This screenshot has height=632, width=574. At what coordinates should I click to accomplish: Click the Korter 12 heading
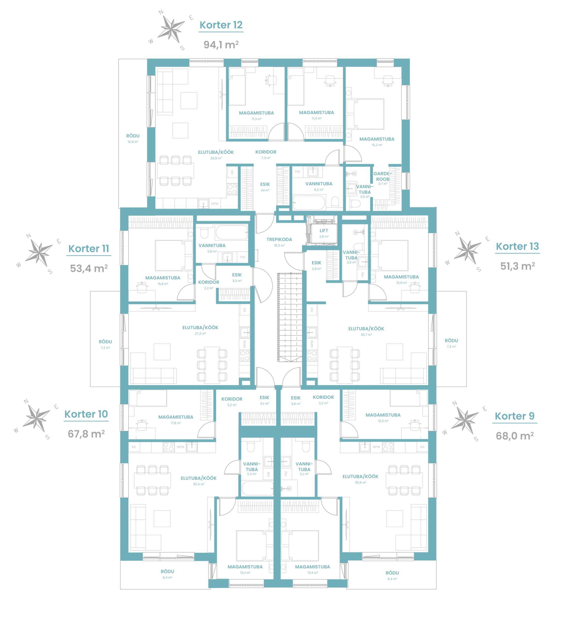221,25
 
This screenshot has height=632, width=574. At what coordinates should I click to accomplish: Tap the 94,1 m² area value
221,45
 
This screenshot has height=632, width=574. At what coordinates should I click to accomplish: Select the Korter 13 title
517,246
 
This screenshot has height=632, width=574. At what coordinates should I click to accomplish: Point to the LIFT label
324,230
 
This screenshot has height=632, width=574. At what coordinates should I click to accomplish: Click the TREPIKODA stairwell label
279,239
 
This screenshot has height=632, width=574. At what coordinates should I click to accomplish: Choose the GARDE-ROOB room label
383,176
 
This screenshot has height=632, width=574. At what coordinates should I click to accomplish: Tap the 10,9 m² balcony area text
133,142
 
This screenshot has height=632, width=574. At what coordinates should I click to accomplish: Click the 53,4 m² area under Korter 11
89,268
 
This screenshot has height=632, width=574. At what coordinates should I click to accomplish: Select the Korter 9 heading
515,416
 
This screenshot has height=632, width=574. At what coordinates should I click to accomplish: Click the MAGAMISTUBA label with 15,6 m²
163,278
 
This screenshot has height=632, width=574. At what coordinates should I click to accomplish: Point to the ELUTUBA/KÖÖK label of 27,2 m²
200,328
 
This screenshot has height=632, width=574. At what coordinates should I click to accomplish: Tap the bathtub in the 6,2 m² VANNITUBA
309,202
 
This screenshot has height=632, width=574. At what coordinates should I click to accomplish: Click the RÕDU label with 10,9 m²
133,136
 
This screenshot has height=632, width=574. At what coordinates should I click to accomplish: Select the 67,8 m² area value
87,434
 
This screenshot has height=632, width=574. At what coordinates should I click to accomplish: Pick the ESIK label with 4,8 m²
265,184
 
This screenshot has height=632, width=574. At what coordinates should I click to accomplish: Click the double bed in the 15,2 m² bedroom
365,114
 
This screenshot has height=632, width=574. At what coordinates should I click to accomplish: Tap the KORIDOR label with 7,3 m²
266,152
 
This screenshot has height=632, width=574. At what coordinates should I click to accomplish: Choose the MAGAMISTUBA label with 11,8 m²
176,417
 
